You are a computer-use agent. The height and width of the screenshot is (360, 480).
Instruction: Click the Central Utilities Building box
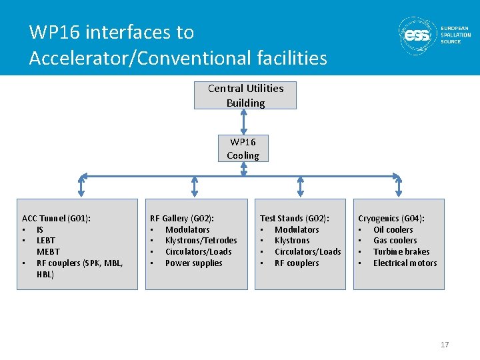coord(245,95)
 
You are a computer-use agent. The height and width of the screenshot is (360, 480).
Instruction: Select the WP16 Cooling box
coord(243,149)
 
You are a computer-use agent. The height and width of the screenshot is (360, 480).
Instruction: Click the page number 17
coord(445,345)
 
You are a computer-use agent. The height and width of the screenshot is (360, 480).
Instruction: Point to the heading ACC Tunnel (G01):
coord(57,218)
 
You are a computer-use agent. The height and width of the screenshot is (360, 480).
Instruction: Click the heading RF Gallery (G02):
coord(182,218)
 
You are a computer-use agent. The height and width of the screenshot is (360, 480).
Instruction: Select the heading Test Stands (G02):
coord(294,218)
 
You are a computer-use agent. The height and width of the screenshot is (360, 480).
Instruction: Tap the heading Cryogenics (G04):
coord(391,218)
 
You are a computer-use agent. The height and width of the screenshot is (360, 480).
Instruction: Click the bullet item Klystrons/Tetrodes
coord(201,241)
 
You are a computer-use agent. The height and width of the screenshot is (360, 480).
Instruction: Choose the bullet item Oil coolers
coord(393,229)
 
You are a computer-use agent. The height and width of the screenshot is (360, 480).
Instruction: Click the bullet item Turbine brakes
coord(401,252)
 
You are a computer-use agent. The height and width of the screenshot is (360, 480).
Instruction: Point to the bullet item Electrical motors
coord(405,263)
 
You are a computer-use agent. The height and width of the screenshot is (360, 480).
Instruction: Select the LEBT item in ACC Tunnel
coord(46,241)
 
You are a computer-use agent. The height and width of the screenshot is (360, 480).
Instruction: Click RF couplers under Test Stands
coord(297,263)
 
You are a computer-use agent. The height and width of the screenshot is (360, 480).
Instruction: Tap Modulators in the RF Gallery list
coord(187,229)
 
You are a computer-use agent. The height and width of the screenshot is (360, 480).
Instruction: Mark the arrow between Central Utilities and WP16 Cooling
coord(244,122)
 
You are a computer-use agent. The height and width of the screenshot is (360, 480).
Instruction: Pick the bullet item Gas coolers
coord(395,241)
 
